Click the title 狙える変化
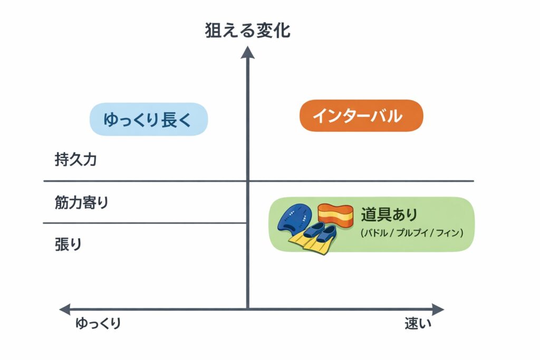pyautogui.click(x=247, y=30)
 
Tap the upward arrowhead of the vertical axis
pyautogui.click(x=247, y=53)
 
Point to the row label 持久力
pyautogui.click(x=75, y=160)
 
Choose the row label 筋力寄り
pyautogui.click(x=81, y=202)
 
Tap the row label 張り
pyautogui.click(x=68, y=245)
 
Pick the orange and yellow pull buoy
pyautogui.click(x=334, y=215)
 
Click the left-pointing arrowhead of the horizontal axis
pyautogui.click(x=65, y=309)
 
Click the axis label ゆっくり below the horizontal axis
pyautogui.click(x=98, y=323)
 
